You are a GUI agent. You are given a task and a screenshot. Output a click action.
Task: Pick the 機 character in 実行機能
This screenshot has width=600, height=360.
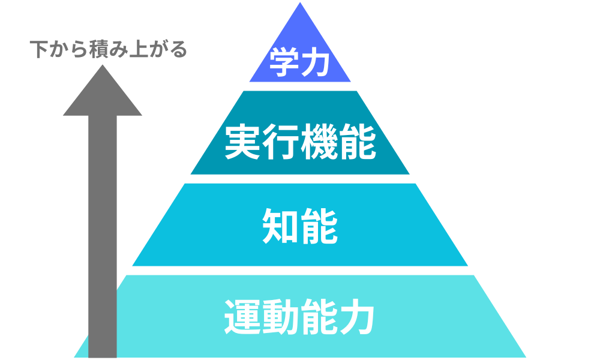point(319,142)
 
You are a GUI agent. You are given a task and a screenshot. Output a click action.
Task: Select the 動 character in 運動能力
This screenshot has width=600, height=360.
point(281,316)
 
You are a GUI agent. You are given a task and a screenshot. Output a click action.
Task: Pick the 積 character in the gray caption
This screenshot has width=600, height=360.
point(93,49)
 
